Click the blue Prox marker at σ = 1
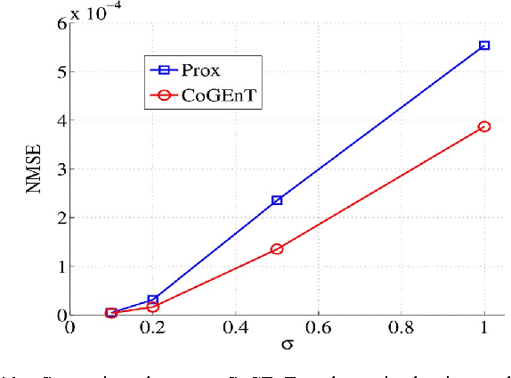coord(484,45)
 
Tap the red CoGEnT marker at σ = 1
coord(484,127)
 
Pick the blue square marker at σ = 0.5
coord(277,201)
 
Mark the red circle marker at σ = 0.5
coord(277,249)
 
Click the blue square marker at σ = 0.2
coord(153,300)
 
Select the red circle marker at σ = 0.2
coord(153,307)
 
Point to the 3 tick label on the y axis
coord(61,168)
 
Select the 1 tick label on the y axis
coord(61,266)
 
